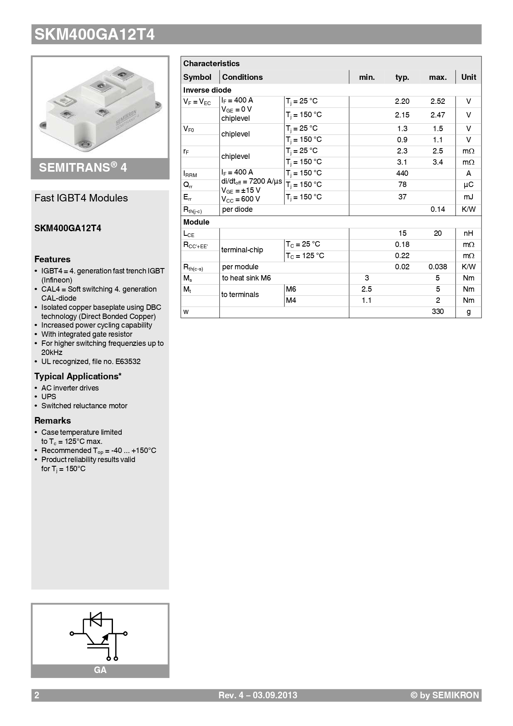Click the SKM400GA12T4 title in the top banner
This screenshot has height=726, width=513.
[x=94, y=34]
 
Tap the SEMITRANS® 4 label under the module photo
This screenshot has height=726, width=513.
[x=83, y=168]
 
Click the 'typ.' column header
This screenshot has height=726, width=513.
[x=402, y=77]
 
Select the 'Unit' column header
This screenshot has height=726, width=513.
[x=468, y=77]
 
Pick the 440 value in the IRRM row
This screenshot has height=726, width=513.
[x=402, y=173]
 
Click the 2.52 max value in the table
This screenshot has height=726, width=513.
[x=437, y=101]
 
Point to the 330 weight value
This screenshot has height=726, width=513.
[x=437, y=311]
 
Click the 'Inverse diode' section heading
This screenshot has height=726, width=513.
[x=207, y=90]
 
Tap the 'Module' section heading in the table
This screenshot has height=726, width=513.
[x=196, y=222]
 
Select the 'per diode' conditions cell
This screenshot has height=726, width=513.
[x=237, y=209]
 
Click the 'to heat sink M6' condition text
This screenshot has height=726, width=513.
[x=246, y=278]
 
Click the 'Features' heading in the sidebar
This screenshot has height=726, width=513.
[x=52, y=259]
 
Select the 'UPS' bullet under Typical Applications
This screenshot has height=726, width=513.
[x=48, y=397]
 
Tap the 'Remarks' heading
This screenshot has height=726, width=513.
[x=53, y=421]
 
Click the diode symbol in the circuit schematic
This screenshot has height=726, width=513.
[x=96, y=619]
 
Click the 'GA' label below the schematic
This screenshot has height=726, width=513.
[x=100, y=670]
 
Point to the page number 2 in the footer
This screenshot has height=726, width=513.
[x=37, y=695]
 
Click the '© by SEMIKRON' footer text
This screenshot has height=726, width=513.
[x=444, y=695]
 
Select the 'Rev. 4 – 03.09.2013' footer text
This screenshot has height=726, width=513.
[x=257, y=695]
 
